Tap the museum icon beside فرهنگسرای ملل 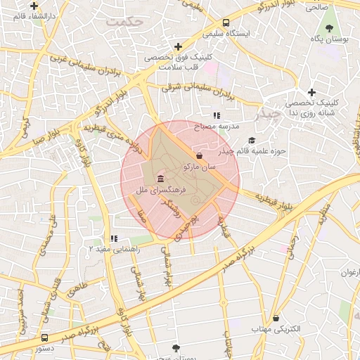161,178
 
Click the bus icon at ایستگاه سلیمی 226,22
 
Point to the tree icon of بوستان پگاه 328,27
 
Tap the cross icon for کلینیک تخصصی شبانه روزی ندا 312,92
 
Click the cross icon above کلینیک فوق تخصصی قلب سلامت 179,46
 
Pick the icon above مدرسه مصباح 217,115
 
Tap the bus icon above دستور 45,337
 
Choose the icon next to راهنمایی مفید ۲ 114,239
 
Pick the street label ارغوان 349,272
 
